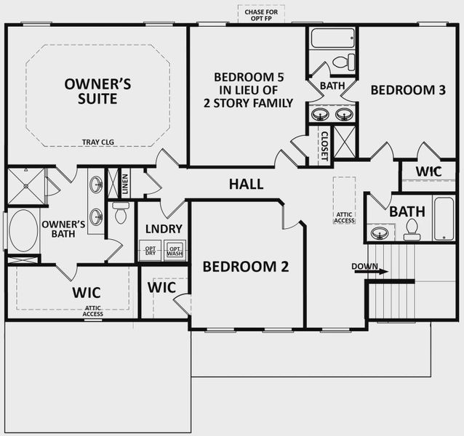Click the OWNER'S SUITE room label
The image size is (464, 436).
(x=97, y=91)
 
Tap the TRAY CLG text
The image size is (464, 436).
(x=98, y=142)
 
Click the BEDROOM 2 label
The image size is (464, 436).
(x=245, y=267)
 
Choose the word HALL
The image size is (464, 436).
(x=246, y=185)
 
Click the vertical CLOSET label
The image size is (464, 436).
(x=324, y=147)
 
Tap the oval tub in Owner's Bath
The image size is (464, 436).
(x=21, y=230)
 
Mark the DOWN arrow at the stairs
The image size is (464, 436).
(x=369, y=267)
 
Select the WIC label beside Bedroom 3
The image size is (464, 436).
(x=429, y=171)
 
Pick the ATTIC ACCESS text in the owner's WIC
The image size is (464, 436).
(x=92, y=311)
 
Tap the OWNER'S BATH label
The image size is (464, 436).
(x=64, y=230)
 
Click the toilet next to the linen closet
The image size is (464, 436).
(x=121, y=213)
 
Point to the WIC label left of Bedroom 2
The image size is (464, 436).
(x=161, y=287)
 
